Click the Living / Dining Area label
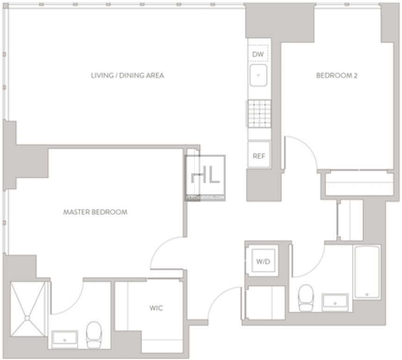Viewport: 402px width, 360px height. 127,75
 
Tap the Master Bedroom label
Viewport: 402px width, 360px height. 95,212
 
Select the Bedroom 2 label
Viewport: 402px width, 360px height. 336,75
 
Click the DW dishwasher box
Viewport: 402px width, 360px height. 258,53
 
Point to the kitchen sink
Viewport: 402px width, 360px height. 258,75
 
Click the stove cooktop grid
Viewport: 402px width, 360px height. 259,114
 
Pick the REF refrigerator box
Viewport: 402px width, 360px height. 259,154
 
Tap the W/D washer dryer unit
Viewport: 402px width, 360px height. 263,260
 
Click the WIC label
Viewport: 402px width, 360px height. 156,308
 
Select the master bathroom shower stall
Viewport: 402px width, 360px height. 28,309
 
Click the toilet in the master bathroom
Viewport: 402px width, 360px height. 94,335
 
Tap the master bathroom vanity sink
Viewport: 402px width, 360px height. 65,339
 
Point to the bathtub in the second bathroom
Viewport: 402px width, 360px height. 367,272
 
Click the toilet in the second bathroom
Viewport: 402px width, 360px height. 306,298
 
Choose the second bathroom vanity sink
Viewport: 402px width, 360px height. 335,302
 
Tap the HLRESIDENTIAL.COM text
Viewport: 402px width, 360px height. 205,198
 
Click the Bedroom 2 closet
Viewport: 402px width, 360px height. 359,183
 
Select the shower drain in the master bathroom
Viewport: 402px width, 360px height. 28,318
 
